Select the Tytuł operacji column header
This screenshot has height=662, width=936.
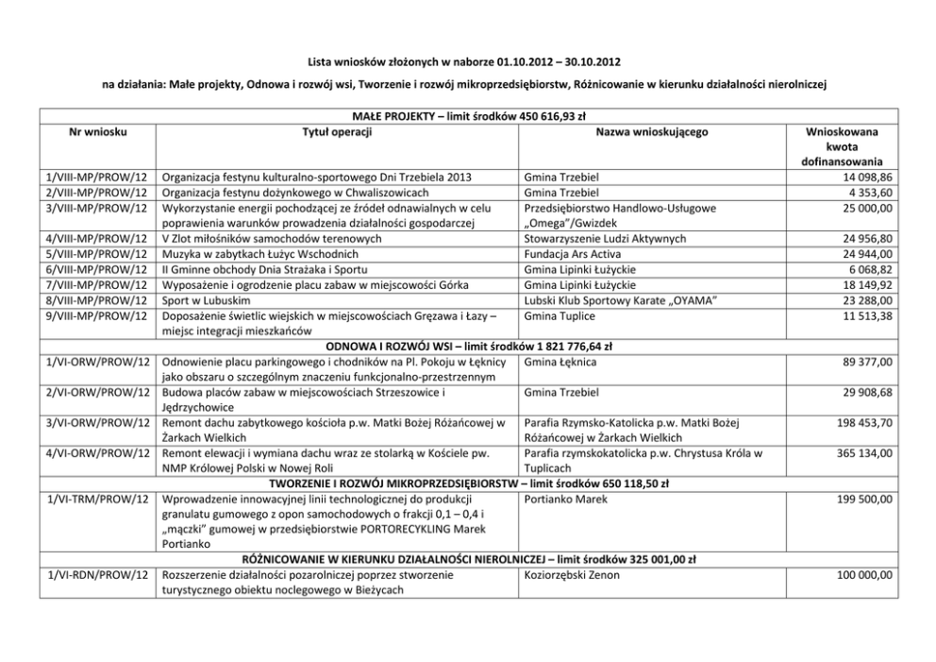click(337, 132)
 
